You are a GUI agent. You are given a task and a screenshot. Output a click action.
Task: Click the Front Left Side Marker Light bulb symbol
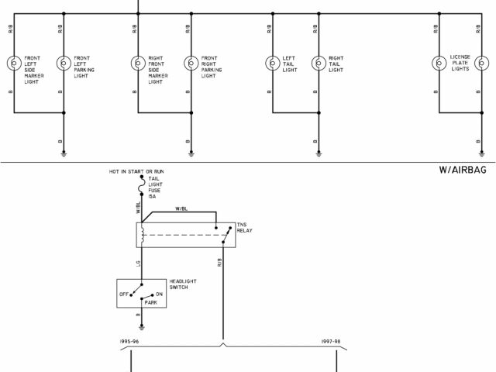click(13, 63)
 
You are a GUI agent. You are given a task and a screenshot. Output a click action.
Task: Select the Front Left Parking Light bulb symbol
click(64, 63)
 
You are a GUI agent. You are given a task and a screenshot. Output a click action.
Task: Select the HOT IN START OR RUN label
click(137, 170)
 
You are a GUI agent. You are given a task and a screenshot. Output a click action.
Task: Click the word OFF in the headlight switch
click(123, 294)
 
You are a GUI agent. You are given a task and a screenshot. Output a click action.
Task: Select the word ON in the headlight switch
click(160, 294)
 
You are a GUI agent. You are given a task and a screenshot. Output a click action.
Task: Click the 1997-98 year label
click(332, 340)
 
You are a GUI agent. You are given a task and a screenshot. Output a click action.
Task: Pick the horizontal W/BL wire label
click(181, 208)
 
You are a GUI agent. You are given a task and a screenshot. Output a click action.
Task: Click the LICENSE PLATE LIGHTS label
click(460, 63)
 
